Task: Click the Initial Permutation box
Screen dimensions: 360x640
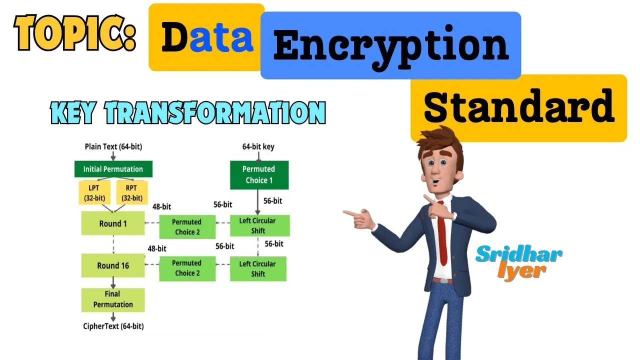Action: coord(112,169)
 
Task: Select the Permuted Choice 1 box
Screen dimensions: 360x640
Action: coord(259,174)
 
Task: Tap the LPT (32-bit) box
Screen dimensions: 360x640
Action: coord(94,193)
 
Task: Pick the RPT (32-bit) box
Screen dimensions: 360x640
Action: coord(132,193)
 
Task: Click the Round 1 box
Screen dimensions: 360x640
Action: coord(113,223)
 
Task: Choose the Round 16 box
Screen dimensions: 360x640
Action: coord(113,265)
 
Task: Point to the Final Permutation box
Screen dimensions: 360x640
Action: coord(113,299)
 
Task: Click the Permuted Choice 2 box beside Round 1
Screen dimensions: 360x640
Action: coord(187,226)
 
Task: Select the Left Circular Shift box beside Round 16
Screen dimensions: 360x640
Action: coord(258,268)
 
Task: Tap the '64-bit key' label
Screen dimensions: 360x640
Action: coord(258,147)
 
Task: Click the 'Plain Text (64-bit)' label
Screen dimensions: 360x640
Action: coord(113,147)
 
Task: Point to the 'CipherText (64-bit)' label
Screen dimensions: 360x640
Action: coord(113,326)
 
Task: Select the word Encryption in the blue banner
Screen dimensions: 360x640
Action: coord(390,45)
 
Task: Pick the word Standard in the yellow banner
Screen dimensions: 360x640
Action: coord(518,107)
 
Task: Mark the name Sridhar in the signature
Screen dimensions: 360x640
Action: coord(518,253)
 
